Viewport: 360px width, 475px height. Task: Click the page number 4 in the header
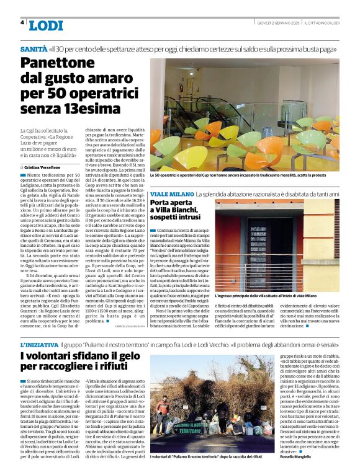[22, 22]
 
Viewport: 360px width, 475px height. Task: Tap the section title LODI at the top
[46, 25]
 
